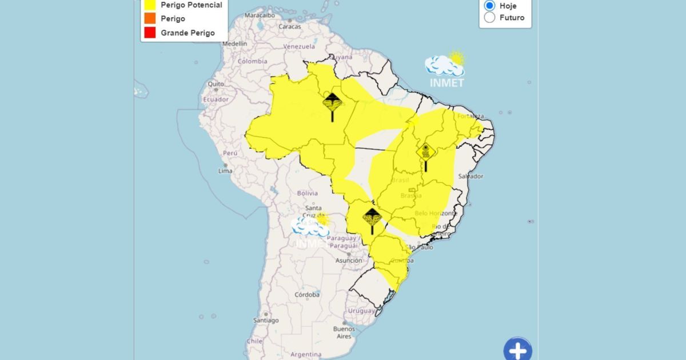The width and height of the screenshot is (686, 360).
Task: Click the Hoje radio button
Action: click(489, 5)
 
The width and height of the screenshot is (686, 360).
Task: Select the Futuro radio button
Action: click(489, 18)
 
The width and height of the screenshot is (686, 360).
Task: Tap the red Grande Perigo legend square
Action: click(150, 33)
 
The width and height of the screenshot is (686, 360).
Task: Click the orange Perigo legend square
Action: click(150, 18)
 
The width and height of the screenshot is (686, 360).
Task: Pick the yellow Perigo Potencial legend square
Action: click(150, 5)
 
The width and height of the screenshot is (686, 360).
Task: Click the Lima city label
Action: click(225, 171)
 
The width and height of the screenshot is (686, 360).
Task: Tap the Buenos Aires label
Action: click(344, 333)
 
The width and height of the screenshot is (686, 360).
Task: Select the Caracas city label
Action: click(289, 27)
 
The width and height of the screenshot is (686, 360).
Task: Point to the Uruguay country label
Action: click(361, 311)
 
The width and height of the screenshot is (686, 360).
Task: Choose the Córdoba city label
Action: click(307, 295)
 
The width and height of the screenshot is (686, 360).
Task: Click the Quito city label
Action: click(216, 83)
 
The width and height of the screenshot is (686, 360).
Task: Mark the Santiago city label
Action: click(266, 321)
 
